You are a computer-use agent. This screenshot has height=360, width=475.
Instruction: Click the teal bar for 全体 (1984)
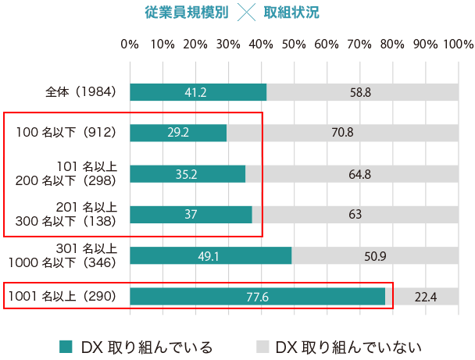[198, 92]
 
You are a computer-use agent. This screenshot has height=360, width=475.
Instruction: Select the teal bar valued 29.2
[178, 133]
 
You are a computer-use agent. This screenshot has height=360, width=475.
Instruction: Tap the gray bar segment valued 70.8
[342, 133]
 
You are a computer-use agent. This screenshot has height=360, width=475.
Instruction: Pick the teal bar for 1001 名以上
[257, 297]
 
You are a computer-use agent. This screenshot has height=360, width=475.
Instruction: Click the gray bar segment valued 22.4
[426, 297]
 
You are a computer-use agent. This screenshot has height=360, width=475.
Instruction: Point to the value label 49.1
[211, 256]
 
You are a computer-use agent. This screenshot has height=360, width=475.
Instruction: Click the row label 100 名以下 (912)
[66, 133]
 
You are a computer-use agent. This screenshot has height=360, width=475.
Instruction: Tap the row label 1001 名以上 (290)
[62, 297]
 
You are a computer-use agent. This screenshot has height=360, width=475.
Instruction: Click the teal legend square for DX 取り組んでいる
[66, 346]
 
